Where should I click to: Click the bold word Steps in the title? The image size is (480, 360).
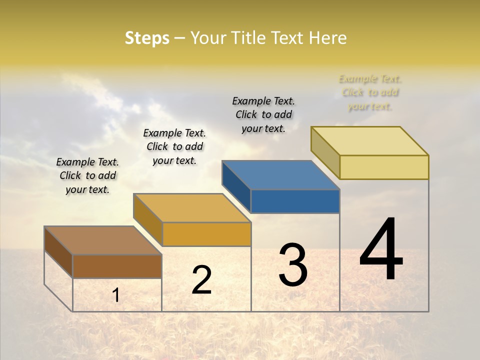147,38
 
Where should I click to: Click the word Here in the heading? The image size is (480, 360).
327,38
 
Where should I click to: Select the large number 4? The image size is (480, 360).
381,250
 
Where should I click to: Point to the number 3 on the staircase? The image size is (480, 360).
293,265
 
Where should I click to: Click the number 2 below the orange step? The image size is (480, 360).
201,280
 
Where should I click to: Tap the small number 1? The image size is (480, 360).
116,295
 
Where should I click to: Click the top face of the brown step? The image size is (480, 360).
103,240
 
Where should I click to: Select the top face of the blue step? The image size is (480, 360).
280,175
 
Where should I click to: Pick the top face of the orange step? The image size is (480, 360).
192,208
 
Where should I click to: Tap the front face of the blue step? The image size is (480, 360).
295,201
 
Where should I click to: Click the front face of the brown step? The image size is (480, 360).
117,266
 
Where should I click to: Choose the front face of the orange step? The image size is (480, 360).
206,234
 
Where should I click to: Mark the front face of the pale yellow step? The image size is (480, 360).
384,167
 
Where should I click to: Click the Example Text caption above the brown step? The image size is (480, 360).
87,175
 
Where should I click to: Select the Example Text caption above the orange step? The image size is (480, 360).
174,146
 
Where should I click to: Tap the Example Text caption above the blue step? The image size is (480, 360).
263,114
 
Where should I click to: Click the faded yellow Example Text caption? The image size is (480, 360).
370,92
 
